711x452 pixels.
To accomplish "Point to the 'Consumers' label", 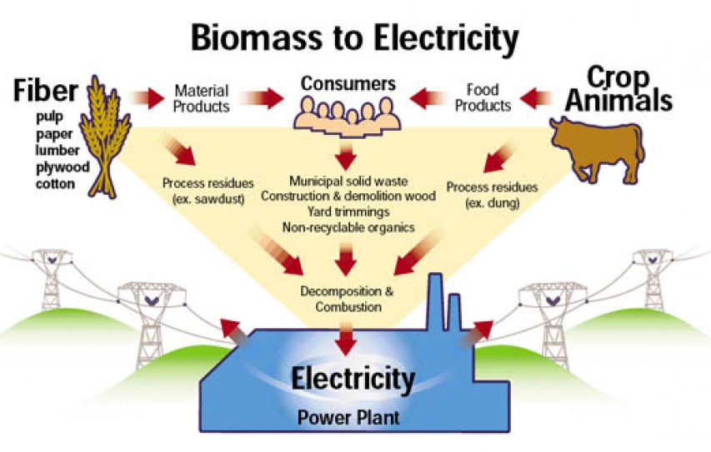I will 342,83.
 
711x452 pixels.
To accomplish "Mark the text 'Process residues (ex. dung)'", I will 492,192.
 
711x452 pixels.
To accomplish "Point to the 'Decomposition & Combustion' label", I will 348,300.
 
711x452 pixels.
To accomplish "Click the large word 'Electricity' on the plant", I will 352,380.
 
